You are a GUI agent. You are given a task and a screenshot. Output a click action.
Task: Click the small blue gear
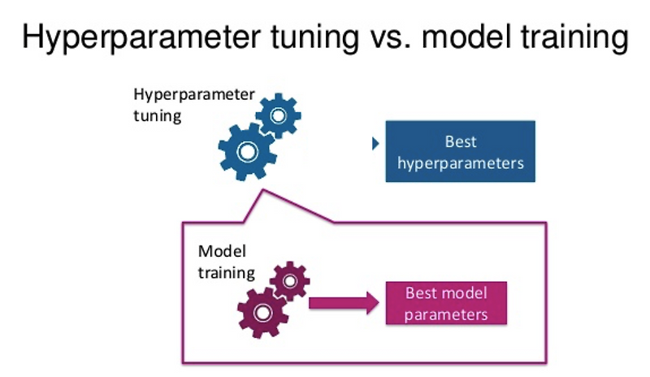pyautogui.click(x=278, y=116)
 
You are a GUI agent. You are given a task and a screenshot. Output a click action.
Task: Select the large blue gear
pyautogui.click(x=245, y=151)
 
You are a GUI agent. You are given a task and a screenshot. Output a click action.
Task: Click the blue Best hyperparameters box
pyautogui.click(x=460, y=151)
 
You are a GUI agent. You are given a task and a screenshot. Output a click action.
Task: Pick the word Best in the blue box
pyautogui.click(x=461, y=141)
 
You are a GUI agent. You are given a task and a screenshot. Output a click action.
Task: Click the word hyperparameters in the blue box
pyautogui.click(x=461, y=162)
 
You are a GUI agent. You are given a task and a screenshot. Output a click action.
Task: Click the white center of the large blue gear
pyautogui.click(x=245, y=151)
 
